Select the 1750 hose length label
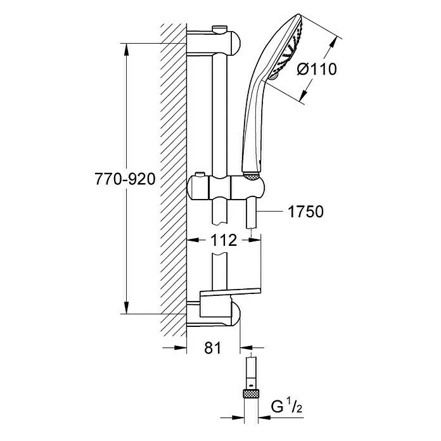(x=305, y=212)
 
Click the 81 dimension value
(x=214, y=348)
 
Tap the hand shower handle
(x=252, y=127)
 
